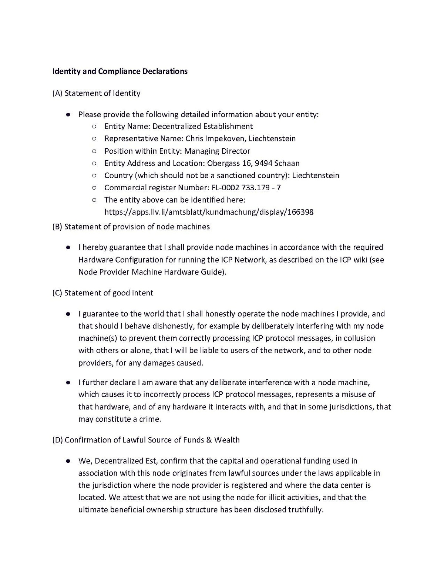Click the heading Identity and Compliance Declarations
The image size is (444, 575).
[120, 71]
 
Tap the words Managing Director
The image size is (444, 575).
[217, 151]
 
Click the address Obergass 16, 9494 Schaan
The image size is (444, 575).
[253, 163]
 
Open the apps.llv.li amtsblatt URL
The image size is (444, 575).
[209, 212]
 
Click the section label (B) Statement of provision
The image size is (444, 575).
[131, 227]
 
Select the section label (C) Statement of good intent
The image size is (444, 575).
[102, 293]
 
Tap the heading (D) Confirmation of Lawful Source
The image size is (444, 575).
[146, 440]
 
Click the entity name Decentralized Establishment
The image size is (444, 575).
[202, 126]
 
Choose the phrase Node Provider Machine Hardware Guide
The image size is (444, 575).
[151, 272]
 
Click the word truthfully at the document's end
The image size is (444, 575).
[306, 510]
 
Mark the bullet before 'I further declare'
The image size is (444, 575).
[68, 382]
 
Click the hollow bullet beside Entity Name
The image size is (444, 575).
[94, 127]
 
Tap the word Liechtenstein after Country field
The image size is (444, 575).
[315, 175]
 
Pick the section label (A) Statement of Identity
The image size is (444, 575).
[96, 93]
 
